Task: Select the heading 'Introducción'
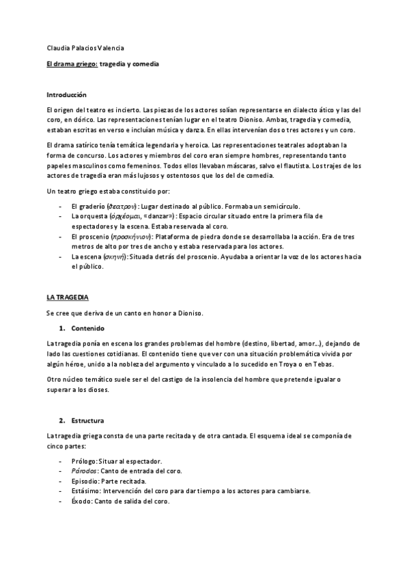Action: (66, 94)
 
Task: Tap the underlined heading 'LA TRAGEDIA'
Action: (68, 298)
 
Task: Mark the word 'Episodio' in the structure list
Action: (85, 481)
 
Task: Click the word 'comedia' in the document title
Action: (144, 63)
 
